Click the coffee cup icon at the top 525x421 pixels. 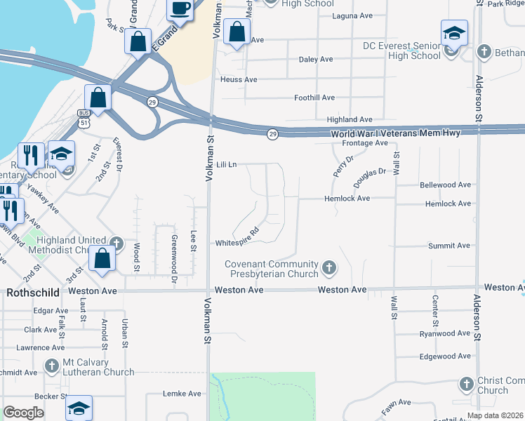pos(180,9)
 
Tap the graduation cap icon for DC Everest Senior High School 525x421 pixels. pos(454,33)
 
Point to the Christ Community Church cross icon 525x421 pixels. pos(467,384)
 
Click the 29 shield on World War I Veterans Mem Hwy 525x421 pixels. pos(272,133)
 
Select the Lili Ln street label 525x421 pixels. pos(227,164)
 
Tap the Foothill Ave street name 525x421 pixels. pos(314,98)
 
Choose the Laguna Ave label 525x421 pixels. pos(353,15)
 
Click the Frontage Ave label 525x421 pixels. pos(365,143)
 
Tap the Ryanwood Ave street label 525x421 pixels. pos(446,334)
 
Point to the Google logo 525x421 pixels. pos(23,413)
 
